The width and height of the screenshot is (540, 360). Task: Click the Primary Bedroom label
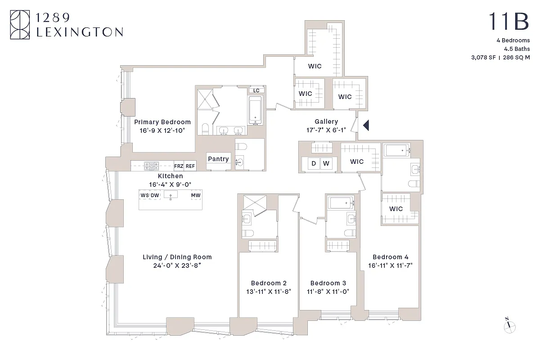pyautogui.click(x=162, y=122)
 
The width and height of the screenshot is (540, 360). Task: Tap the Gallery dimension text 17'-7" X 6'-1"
pyautogui.click(x=326, y=130)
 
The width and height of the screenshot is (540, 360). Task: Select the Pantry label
pyautogui.click(x=218, y=159)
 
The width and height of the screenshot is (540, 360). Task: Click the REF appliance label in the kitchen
pyautogui.click(x=190, y=166)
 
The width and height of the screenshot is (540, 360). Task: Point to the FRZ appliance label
pyautogui.click(x=179, y=166)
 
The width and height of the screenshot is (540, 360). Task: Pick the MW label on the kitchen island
pyautogui.click(x=196, y=195)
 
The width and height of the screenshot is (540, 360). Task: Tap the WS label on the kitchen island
pyautogui.click(x=144, y=195)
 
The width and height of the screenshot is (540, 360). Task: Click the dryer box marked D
pyautogui.click(x=314, y=163)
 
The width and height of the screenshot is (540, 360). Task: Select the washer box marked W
pyautogui.click(x=326, y=163)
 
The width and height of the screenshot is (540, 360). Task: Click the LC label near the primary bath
pyautogui.click(x=256, y=90)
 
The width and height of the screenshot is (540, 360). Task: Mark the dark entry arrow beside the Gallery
pyautogui.click(x=366, y=125)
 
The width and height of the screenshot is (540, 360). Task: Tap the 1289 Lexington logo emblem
pyautogui.click(x=20, y=26)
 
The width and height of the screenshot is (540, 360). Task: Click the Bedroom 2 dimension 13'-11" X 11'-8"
pyautogui.click(x=269, y=291)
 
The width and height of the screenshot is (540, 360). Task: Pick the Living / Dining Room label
pyautogui.click(x=177, y=257)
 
